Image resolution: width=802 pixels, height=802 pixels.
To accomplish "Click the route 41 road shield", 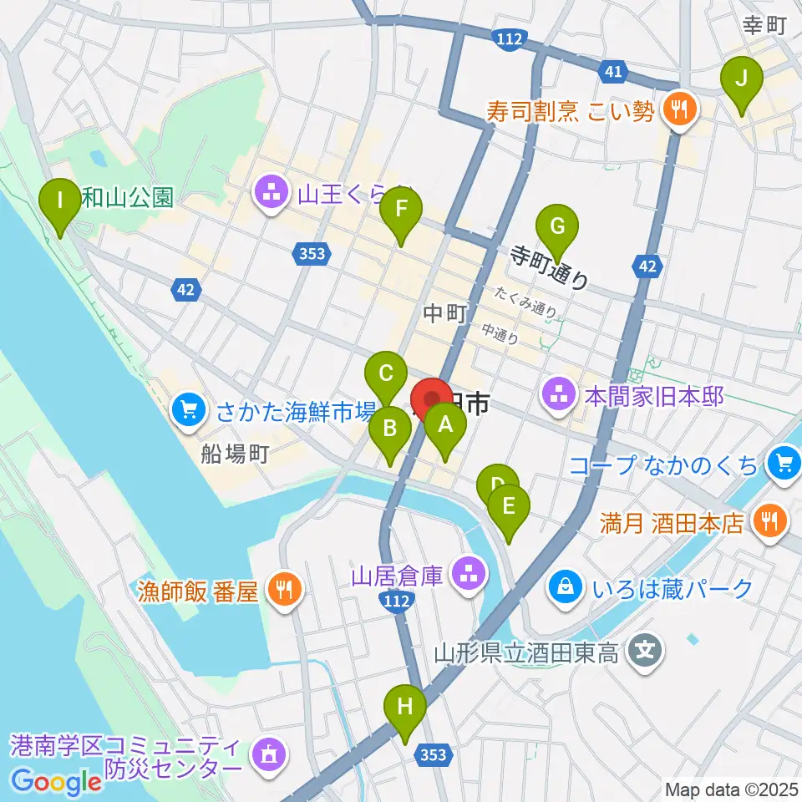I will [613, 73].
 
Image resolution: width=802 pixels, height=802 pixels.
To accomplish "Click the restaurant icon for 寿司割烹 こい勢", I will [681, 109].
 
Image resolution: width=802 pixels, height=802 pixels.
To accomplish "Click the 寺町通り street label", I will [550, 266].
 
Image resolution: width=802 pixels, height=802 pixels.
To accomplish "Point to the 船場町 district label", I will [235, 454].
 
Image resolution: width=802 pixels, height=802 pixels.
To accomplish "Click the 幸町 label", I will [765, 25].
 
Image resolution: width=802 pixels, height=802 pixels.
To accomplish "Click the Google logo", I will [57, 782].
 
